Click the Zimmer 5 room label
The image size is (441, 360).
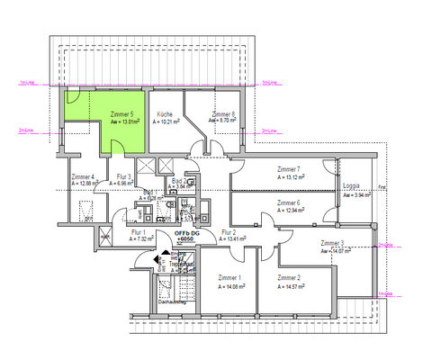pyautogui.click(x=122, y=114)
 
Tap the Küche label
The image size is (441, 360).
pyautogui.click(x=165, y=114)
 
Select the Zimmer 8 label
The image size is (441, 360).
pyautogui.click(x=223, y=114)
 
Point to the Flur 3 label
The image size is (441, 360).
pyautogui.click(x=124, y=176)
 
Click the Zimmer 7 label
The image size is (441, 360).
pyautogui.click(x=290, y=169)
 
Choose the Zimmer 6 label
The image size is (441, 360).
pyautogui.click(x=290, y=203)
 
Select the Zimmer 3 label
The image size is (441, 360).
pyautogui.click(x=332, y=244)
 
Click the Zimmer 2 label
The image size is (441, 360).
pyautogui.click(x=290, y=278)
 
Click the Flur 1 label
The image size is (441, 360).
pyautogui.click(x=114, y=232)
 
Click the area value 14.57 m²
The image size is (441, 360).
pyautogui.click(x=294, y=286)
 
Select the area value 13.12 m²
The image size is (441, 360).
pyautogui.click(x=294, y=177)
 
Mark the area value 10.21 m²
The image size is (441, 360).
pyautogui.click(x=169, y=122)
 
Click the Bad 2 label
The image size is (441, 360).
pyautogui.click(x=179, y=181)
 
